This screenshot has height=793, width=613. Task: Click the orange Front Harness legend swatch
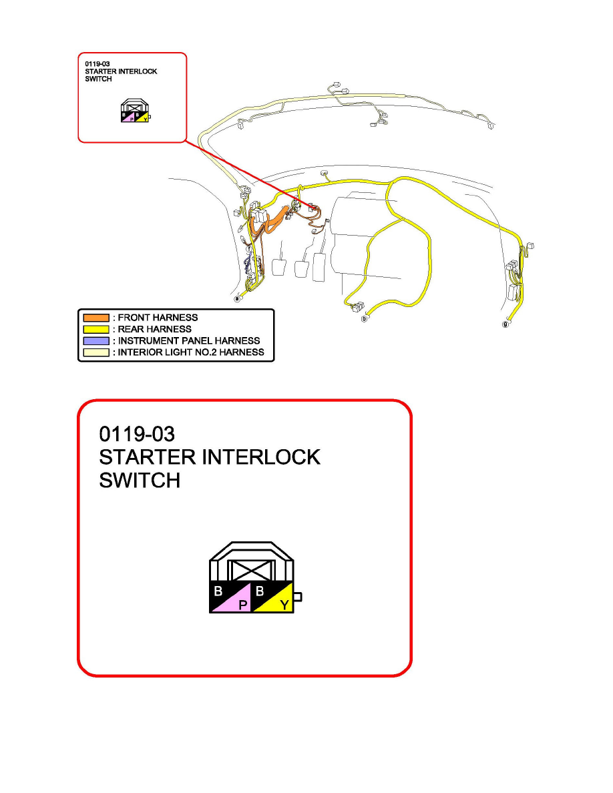coord(95,318)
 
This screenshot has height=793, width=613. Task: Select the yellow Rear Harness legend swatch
coord(95,329)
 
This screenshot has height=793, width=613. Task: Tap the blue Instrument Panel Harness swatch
coord(95,340)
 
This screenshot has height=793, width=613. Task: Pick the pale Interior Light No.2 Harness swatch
coord(95,352)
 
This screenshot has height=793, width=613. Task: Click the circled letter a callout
coord(236,299)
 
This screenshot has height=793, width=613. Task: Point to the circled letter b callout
coord(364,319)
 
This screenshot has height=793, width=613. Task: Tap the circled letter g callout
coord(505,324)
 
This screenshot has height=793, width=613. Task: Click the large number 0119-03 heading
coord(137,435)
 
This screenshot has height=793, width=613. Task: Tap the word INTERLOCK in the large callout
coord(254,458)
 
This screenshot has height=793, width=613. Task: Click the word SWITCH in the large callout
coord(140,481)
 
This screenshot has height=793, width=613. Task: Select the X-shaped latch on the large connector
coord(252,571)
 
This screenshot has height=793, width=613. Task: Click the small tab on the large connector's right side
coord(298,597)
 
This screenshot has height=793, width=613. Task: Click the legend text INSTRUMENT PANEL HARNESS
coord(189,340)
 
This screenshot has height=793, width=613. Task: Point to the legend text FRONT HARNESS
coord(158,318)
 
